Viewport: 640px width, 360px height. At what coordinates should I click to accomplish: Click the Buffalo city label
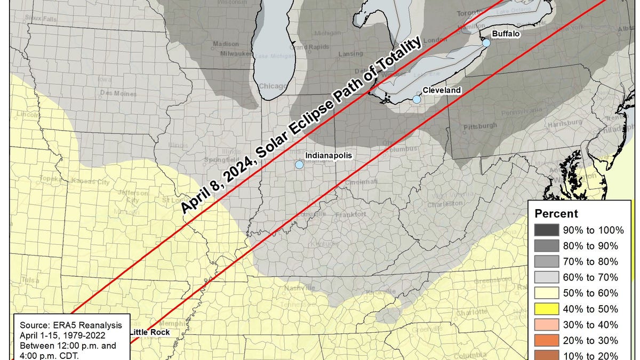(505, 34)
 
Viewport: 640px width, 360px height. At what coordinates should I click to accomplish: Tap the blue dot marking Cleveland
(417, 99)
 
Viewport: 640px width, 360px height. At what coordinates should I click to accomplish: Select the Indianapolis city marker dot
(299, 165)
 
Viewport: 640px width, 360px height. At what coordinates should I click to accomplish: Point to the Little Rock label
(150, 332)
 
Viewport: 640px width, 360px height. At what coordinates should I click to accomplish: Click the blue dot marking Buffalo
(486, 43)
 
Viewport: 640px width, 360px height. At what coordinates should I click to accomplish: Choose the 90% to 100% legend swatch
(546, 230)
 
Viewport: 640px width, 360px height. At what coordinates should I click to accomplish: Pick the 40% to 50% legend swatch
(546, 309)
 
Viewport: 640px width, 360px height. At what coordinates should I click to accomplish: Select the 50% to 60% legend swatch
(546, 293)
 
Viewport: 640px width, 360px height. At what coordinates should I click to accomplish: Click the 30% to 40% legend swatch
(546, 325)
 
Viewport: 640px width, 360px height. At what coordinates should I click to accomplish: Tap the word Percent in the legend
(556, 214)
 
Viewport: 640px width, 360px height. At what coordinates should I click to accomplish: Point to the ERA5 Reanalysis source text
(71, 325)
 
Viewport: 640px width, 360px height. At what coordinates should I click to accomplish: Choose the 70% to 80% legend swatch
(546, 262)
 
